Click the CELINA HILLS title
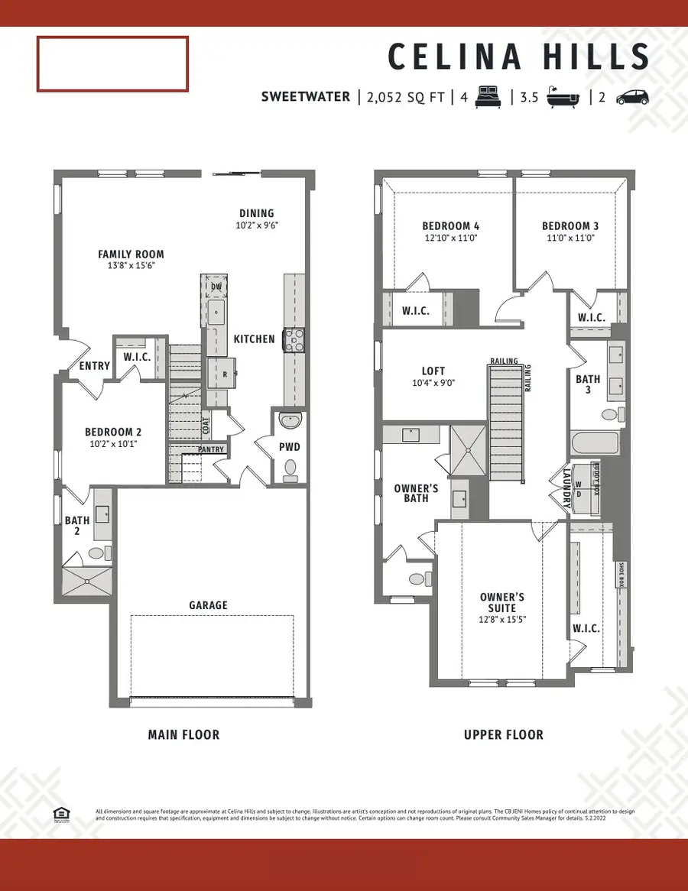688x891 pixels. pyautogui.click(x=518, y=57)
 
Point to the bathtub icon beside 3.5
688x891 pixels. pyautogui.click(x=564, y=97)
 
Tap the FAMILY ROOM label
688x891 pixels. pyautogui.click(x=131, y=254)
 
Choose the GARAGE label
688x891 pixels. pyautogui.click(x=209, y=605)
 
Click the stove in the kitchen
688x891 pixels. pyautogui.click(x=294, y=339)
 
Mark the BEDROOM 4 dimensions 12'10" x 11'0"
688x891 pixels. pyautogui.click(x=451, y=238)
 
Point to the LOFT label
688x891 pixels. pyautogui.click(x=433, y=371)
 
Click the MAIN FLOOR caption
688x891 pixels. pyautogui.click(x=183, y=735)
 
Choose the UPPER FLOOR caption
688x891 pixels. pyautogui.click(x=504, y=735)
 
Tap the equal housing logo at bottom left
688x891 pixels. pyautogui.click(x=61, y=815)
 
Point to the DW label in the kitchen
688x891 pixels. pyautogui.click(x=216, y=287)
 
